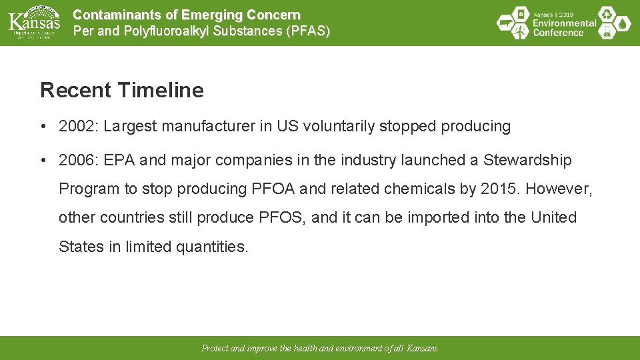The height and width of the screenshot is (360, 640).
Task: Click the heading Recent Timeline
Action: point(122,90)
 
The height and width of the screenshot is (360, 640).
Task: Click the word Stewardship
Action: point(527,161)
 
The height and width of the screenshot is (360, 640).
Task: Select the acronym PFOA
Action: point(270,189)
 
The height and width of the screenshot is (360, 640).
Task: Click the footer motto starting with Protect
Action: point(319,349)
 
